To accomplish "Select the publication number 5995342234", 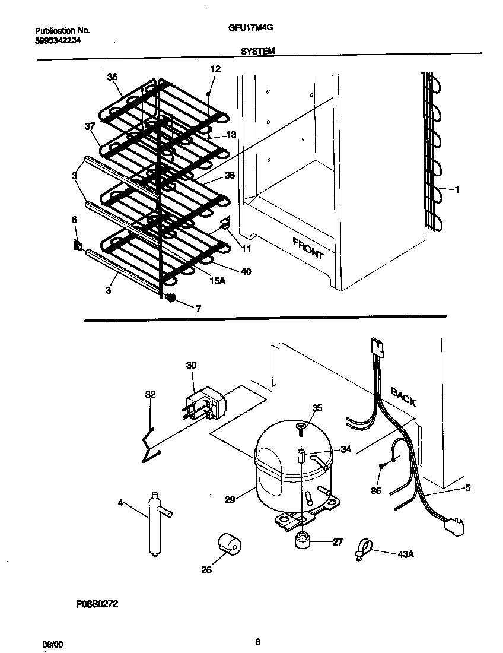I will pyautogui.click(x=58, y=40).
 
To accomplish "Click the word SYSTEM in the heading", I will pyautogui.click(x=257, y=52).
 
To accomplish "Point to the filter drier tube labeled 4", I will pyautogui.click(x=154, y=522).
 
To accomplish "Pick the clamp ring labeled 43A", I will pyautogui.click(x=363, y=547).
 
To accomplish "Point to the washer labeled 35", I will pyautogui.click(x=301, y=425).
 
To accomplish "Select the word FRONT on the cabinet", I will pyautogui.click(x=308, y=248).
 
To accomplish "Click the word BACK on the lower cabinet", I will pyautogui.click(x=403, y=396).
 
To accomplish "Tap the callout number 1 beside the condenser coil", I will pyautogui.click(x=457, y=190).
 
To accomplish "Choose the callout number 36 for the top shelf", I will pyautogui.click(x=112, y=77).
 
